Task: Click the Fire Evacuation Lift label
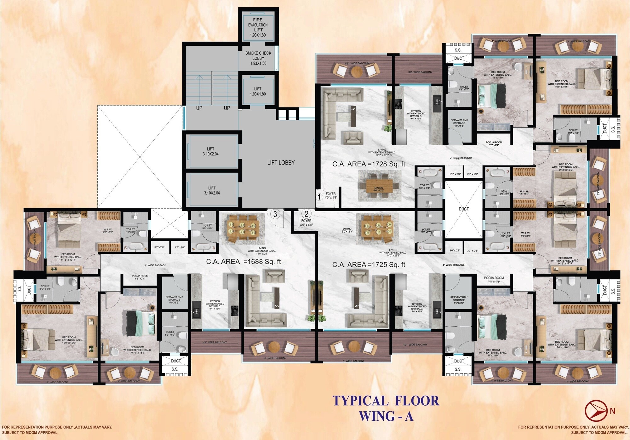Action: click(258, 27)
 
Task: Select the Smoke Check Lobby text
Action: click(258, 58)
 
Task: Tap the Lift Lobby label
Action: click(281, 163)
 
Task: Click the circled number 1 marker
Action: click(319, 197)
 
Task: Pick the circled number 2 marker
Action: click(306, 214)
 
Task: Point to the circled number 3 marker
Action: click(275, 214)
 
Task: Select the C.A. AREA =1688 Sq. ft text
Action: click(243, 262)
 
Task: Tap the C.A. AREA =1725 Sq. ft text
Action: click(369, 265)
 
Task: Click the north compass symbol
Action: click(596, 411)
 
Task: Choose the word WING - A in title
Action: click(386, 416)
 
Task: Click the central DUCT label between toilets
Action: click(464, 209)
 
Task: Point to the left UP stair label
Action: click(199, 108)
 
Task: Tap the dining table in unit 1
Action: click(379, 186)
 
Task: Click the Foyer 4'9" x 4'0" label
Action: click(306, 223)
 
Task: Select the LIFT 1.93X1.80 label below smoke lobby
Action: click(258, 91)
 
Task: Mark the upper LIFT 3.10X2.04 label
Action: click(211, 151)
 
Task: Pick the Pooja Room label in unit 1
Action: click(494, 144)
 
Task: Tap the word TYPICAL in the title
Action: click(360, 401)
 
